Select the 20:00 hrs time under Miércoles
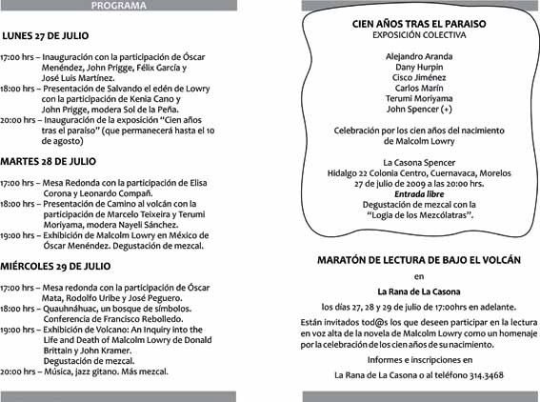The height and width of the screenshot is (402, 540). (18, 371)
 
